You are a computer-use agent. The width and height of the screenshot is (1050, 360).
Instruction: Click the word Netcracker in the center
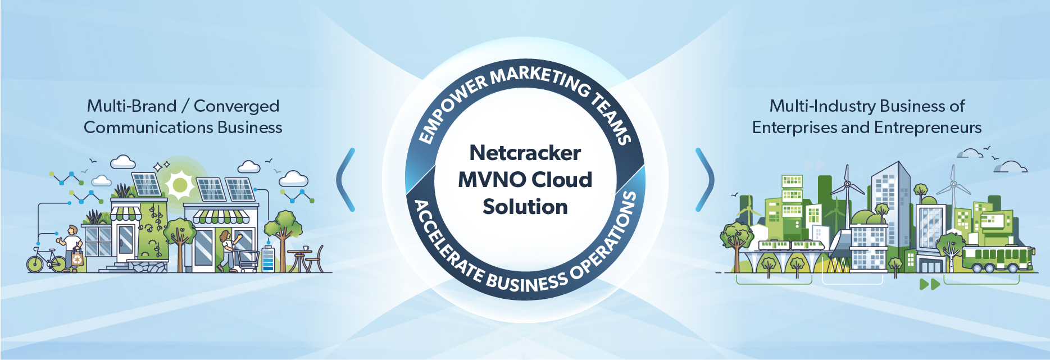525,153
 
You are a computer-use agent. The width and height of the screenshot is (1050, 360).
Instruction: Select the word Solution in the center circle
525,207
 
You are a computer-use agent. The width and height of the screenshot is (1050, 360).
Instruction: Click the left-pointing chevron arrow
346,180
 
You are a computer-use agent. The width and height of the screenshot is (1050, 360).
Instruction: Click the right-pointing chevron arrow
704,180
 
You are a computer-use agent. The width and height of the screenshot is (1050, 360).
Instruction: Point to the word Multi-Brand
131,106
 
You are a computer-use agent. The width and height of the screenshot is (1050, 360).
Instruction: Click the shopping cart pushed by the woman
248,261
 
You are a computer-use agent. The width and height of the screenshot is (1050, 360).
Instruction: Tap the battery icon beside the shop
268,259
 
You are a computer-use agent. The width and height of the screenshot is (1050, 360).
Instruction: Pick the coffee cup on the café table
306,248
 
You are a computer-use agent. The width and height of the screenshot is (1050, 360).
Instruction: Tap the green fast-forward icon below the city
929,284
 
